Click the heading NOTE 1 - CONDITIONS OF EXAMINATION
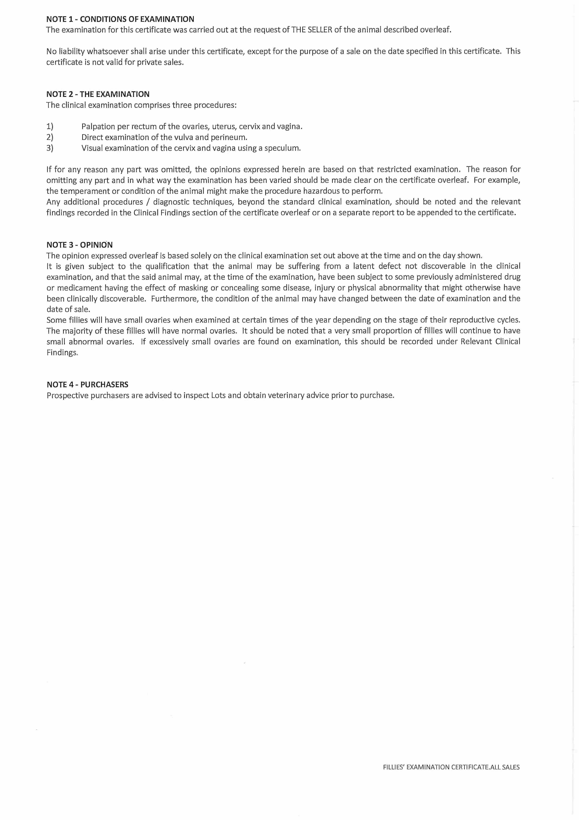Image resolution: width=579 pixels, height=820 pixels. point(120,19)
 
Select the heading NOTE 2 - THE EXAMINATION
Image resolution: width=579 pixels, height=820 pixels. point(98,94)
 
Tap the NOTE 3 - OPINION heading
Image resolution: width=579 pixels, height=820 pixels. point(80,245)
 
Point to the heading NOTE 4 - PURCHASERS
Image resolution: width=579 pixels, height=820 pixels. point(87,385)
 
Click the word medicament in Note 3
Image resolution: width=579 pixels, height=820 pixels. point(76,288)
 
